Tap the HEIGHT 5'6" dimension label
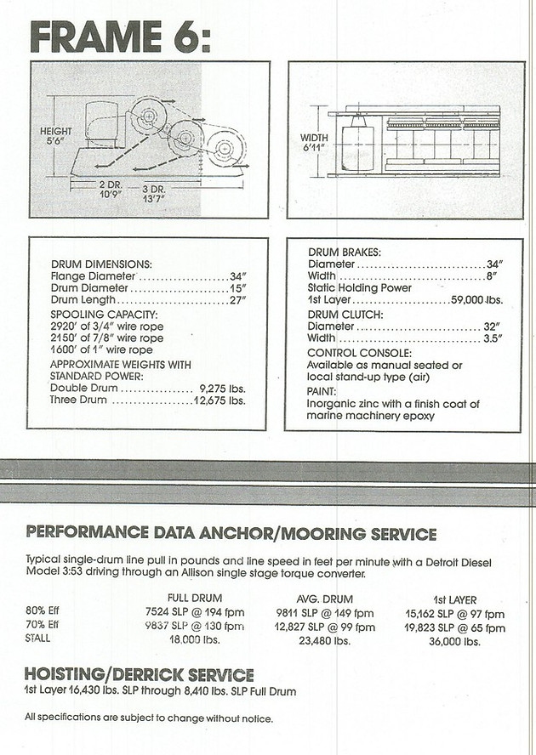click(56, 136)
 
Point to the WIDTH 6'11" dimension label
click(314, 143)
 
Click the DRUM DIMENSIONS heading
click(101, 264)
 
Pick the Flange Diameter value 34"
click(237, 276)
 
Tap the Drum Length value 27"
click(237, 301)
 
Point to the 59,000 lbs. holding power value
click(476, 301)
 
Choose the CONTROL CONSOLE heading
click(358, 352)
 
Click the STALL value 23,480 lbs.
click(325, 642)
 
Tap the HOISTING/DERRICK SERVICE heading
click(140, 674)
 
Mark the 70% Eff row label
click(43, 627)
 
